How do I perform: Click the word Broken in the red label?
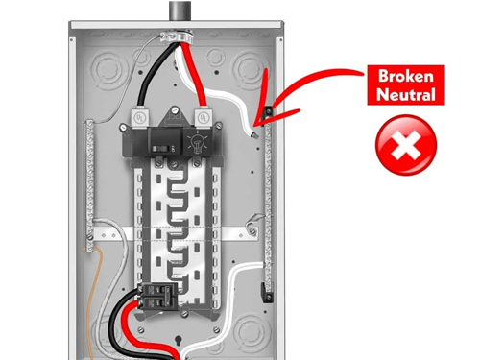[406, 76]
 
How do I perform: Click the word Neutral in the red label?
[406, 94]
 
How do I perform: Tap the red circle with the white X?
[406, 145]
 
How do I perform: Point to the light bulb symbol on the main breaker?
[197, 143]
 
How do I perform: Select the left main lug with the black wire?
[140, 118]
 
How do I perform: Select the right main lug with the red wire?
[203, 118]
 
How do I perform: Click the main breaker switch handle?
[158, 149]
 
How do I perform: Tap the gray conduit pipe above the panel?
[180, 11]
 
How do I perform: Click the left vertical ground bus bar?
[90, 184]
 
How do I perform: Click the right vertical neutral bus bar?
[268, 209]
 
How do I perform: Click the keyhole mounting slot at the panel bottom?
[178, 341]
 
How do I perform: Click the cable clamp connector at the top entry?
[177, 36]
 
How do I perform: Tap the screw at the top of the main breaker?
[174, 110]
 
